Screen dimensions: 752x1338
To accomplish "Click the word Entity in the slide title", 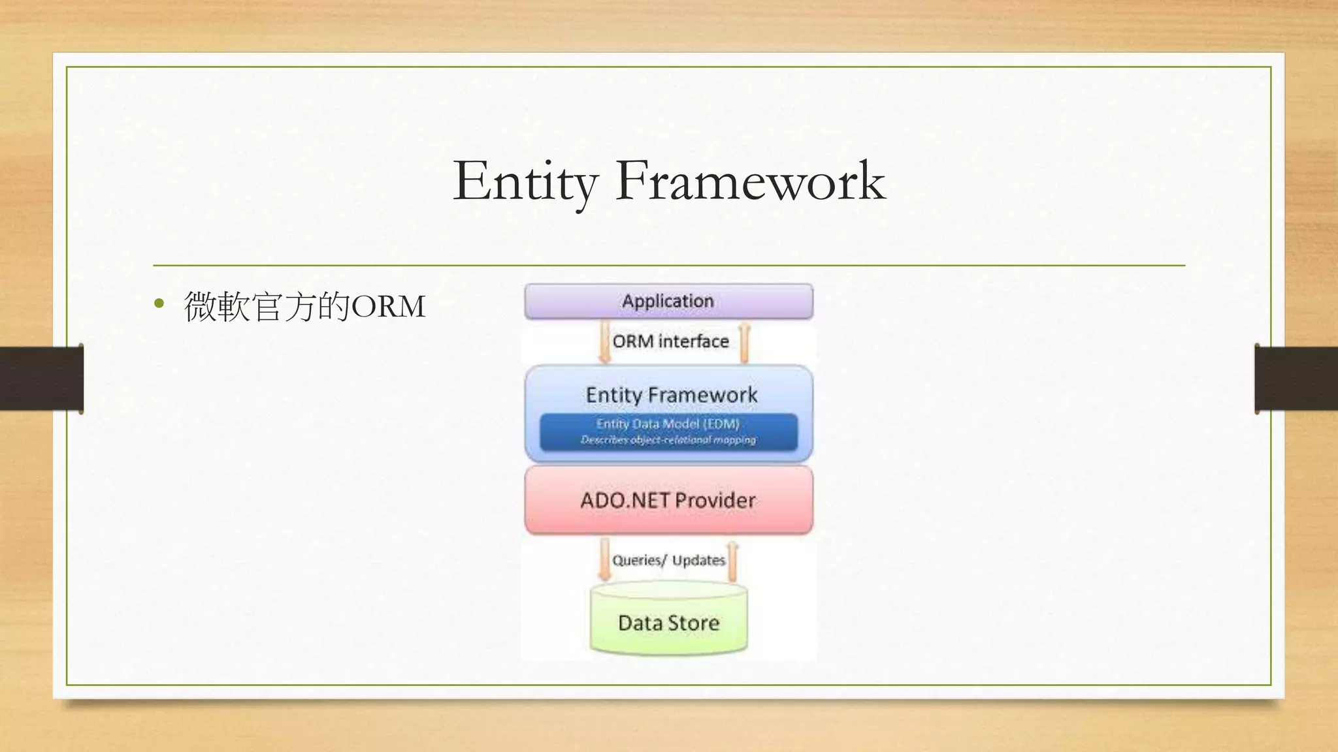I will [525, 181].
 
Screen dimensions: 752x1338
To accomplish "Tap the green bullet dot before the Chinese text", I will [159, 304].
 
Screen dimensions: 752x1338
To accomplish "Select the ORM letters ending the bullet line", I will [389, 306].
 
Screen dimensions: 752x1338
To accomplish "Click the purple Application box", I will [668, 301].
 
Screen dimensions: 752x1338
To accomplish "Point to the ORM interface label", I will [670, 341].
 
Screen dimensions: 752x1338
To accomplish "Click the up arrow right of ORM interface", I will [744, 343].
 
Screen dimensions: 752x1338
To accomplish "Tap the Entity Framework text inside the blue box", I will [671, 395].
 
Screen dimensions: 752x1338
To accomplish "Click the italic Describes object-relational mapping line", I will [668, 440].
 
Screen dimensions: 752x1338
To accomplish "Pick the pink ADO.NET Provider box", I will [668, 500].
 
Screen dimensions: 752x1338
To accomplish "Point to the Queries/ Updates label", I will [668, 560].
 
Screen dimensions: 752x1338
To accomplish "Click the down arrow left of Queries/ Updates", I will [605, 559].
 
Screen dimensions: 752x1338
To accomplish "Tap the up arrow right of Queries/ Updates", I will [732, 561].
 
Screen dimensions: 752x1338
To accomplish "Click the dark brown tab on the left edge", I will [41, 379].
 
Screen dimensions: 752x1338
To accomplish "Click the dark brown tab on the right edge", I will [1296, 379].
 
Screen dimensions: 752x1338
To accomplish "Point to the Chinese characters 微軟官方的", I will [267, 306].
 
